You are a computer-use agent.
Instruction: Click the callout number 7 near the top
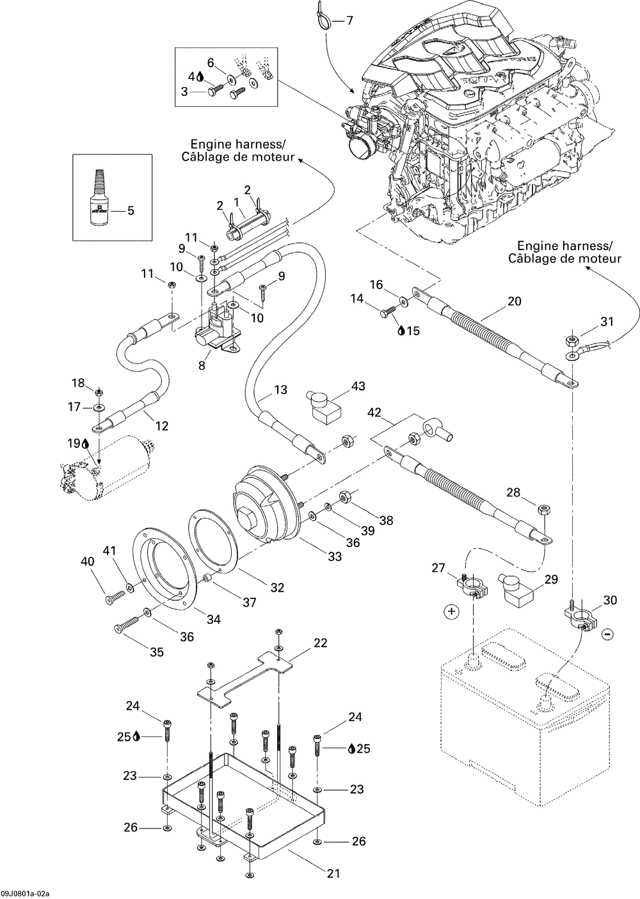(349, 21)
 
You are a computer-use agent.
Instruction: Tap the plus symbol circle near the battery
(452, 612)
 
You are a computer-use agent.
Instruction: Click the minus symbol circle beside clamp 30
(608, 634)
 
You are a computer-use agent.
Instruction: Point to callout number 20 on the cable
(514, 301)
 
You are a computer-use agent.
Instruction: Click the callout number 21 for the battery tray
(333, 873)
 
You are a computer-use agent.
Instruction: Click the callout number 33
(335, 557)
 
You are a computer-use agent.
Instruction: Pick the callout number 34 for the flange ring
(213, 619)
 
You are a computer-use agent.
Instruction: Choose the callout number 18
(78, 383)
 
